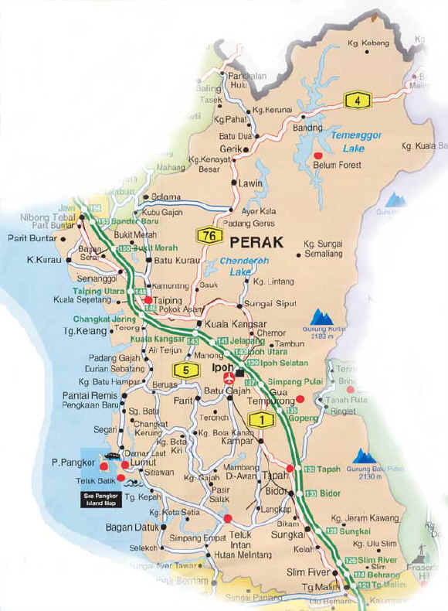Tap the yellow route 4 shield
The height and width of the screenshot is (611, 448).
click(358, 100)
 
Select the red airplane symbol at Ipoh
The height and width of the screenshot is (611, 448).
click(228, 379)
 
